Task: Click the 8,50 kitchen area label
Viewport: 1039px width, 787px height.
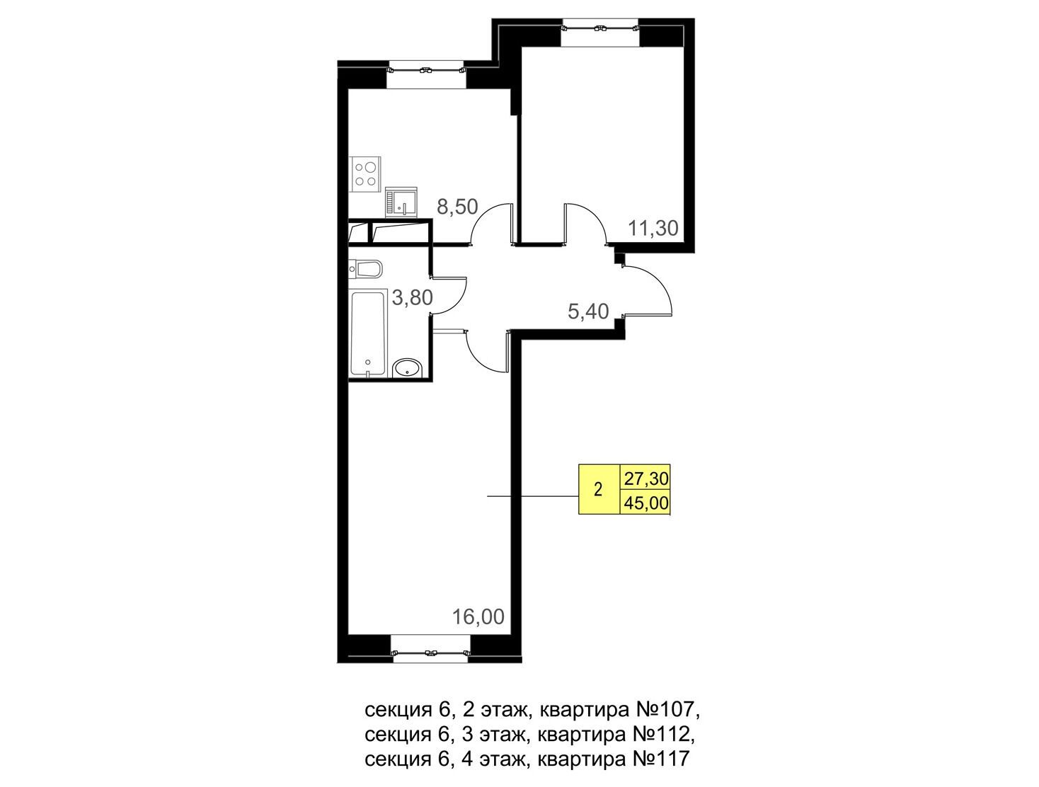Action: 457,207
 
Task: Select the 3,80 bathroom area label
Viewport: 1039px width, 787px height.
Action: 413,298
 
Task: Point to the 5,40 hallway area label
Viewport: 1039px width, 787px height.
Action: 588,311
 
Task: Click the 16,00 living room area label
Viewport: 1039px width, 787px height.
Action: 478,616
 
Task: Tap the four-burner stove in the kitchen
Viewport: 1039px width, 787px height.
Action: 365,174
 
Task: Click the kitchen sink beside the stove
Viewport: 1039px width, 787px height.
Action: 401,202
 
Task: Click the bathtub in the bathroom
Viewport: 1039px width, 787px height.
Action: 368,334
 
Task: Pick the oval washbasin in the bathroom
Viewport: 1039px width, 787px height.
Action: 407,368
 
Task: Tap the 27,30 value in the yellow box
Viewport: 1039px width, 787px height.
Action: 646,479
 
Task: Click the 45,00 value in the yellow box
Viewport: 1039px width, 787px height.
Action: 646,502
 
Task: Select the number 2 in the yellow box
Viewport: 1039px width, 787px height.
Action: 598,489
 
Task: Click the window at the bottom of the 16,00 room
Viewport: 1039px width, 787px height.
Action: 430,648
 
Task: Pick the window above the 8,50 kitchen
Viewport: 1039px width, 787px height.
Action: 426,75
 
